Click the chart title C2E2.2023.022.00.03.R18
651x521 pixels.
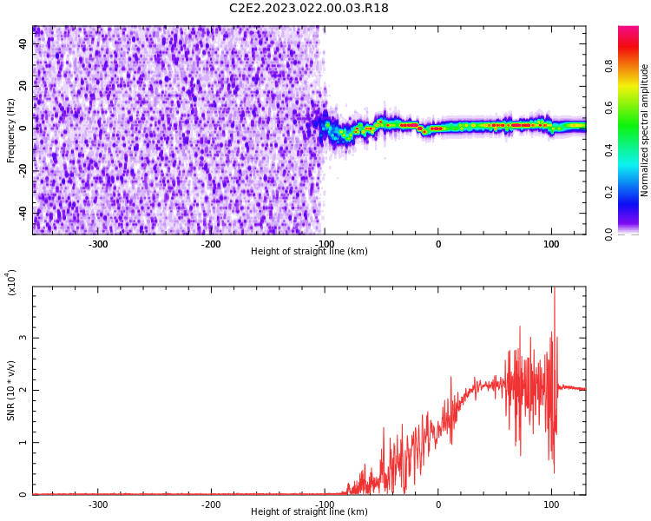(x=309, y=9)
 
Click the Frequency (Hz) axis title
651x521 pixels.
(x=11, y=130)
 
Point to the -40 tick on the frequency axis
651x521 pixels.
(x=22, y=212)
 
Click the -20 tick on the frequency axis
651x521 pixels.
(x=22, y=170)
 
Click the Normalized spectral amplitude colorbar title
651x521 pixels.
(x=645, y=130)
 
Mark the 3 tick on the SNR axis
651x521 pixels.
(x=24, y=338)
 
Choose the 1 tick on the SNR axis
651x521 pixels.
(x=24, y=442)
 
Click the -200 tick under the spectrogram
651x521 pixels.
(x=211, y=244)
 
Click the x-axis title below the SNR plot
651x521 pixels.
(x=309, y=512)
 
